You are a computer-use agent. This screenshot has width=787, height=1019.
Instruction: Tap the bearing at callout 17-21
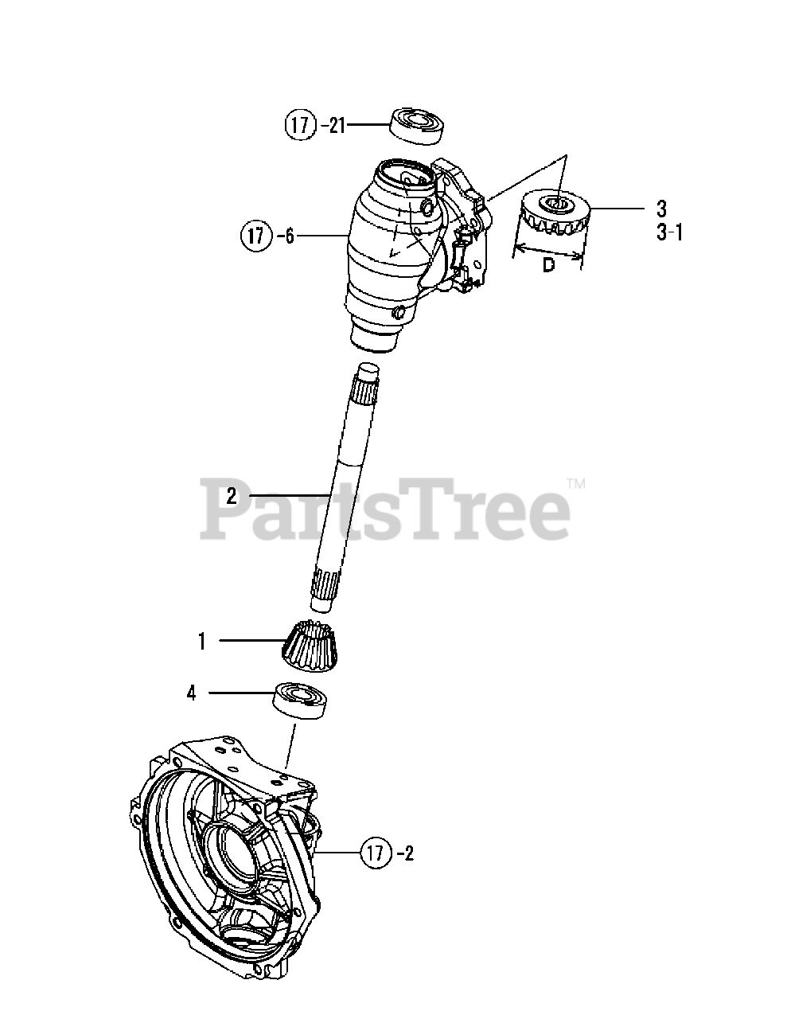click(x=417, y=125)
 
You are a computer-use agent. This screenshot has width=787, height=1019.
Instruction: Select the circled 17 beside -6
click(x=256, y=236)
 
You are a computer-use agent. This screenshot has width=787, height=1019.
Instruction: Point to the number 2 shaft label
click(x=232, y=496)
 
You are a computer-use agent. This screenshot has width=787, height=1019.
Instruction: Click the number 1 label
click(x=202, y=641)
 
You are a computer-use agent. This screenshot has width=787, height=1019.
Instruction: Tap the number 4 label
click(x=191, y=693)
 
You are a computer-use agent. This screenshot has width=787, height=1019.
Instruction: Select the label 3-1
click(x=669, y=232)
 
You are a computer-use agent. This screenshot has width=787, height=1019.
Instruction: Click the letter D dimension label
click(x=548, y=266)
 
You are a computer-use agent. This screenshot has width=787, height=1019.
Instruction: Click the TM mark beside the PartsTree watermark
click(x=576, y=483)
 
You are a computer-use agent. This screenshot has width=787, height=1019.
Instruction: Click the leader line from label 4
click(x=241, y=693)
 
